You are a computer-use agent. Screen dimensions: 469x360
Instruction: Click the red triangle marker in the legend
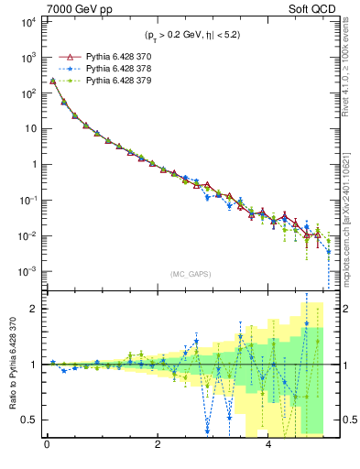(65, 56)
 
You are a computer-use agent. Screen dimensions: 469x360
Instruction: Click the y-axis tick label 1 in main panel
(33, 164)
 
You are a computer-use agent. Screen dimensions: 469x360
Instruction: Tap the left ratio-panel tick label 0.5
(27, 420)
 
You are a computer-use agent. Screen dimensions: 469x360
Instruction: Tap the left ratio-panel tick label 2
(33, 308)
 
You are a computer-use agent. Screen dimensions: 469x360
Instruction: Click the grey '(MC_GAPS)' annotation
(189, 274)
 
